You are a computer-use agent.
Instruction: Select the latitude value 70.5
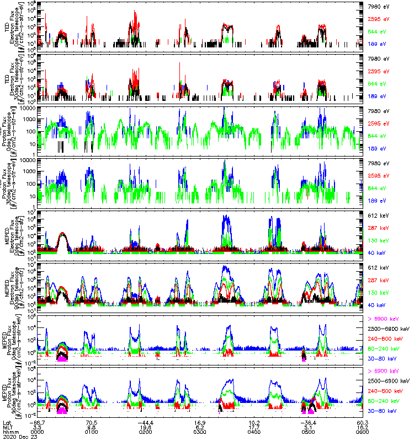(92, 422)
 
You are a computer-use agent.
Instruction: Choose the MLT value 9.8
(92, 427)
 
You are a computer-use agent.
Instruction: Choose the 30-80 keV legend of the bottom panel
(385, 411)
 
